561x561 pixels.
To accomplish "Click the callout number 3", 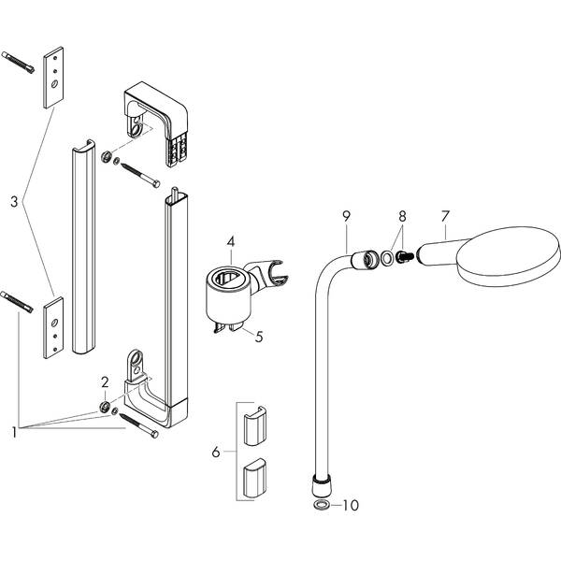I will tap(13, 201).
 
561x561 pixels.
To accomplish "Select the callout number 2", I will tap(106, 381).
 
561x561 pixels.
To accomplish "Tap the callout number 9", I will tap(346, 217).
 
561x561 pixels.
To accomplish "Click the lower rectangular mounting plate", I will tap(53, 324).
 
